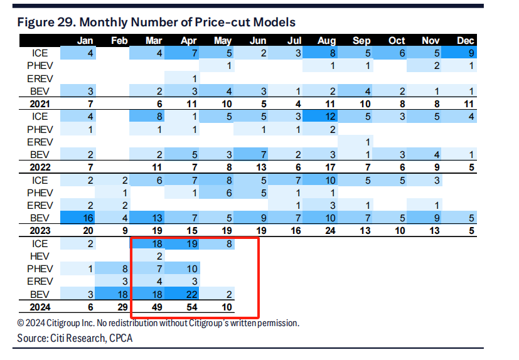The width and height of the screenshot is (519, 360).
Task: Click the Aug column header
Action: pos(327,41)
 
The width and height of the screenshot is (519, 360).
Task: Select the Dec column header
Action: pos(466,41)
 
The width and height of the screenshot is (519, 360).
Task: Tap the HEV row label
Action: pos(40,257)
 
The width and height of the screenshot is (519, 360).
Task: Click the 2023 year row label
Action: pos(40,231)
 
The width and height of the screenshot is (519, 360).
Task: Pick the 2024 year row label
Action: pos(40,307)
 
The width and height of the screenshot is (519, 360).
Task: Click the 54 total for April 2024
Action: pos(192,307)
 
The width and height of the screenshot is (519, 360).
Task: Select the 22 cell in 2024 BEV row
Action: pos(192,295)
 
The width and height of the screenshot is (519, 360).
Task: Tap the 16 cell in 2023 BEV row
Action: pos(88,218)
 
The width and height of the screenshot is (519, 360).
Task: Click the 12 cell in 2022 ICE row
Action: pos(330,117)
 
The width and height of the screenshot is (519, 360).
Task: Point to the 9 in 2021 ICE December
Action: pos(471,53)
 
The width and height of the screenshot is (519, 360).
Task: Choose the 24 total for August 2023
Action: pos(330,231)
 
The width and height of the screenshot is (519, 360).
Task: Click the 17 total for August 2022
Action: pos(330,167)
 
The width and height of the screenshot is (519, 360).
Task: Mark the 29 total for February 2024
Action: pos(122,307)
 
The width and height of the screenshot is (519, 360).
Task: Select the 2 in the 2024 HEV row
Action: pos(159,257)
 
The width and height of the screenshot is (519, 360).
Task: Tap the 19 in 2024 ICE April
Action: pos(192,244)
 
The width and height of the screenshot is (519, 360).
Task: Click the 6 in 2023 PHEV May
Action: pos(229,193)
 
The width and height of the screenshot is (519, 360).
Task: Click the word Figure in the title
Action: pos(35,23)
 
